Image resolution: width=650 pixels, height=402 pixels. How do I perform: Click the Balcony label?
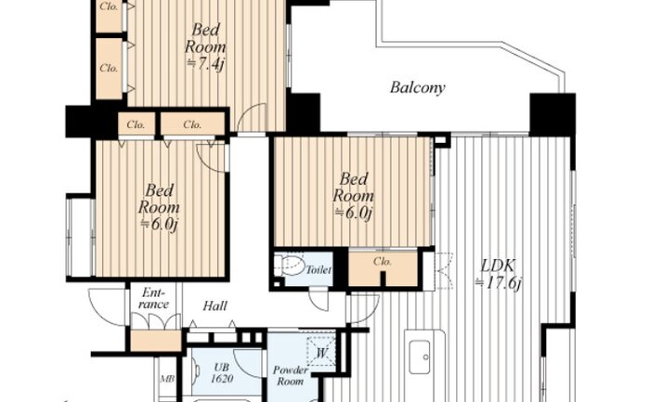click(418, 87)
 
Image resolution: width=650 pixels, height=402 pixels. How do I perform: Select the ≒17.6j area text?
click(498, 283)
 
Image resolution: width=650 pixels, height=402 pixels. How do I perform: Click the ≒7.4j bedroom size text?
click(205, 64)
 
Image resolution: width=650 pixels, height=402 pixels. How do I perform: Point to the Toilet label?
click(318, 270)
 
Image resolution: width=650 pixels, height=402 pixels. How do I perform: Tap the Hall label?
click(215, 306)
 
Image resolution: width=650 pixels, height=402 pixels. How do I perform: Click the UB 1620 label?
click(222, 373)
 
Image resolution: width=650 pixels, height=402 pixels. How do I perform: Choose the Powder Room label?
click(290, 375)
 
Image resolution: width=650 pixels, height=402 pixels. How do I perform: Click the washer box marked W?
click(321, 352)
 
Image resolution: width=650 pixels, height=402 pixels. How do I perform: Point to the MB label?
click(167, 379)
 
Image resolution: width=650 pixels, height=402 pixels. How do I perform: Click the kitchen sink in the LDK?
click(420, 357)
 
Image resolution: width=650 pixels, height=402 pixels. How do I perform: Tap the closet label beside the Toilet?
click(382, 262)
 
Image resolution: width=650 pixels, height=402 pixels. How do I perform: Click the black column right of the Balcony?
click(552, 115)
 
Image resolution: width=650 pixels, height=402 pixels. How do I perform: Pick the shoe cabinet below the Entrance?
click(156, 341)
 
